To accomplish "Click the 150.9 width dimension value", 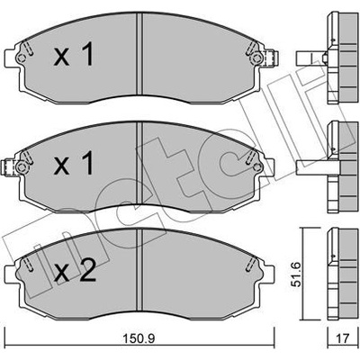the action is (139, 339).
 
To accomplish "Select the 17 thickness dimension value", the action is (343, 338).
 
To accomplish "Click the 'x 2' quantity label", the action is (75, 271).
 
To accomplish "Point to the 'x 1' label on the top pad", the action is (74, 54).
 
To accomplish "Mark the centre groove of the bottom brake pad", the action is (139, 271).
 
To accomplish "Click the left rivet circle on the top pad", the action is (21, 58).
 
